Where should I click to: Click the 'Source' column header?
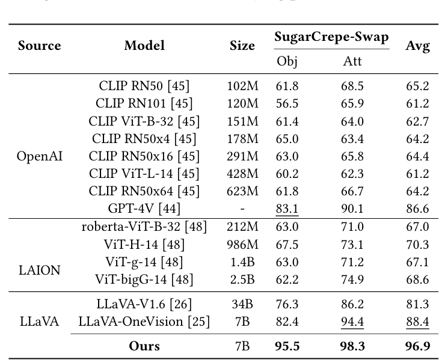[39, 46]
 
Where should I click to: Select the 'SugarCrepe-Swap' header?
[331, 37]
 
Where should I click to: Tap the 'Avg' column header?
[417, 46]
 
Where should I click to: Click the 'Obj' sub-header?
[287, 61]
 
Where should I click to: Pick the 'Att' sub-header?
[352, 61]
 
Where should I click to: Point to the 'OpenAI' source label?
[40, 157]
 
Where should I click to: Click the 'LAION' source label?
[40, 270]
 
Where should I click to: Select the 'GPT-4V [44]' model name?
[144, 209]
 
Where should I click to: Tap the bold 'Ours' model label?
[144, 346]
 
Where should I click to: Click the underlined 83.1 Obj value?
[287, 209]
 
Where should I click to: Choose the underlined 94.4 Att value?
[352, 322]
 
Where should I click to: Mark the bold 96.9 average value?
[417, 346]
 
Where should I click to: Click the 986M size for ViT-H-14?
[242, 245]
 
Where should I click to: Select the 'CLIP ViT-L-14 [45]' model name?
[144, 174]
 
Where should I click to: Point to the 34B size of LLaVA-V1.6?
[242, 305]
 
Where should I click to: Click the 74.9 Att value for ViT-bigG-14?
[352, 279]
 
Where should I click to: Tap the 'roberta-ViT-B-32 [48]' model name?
[144, 227]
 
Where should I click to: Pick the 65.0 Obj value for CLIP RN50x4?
[287, 139]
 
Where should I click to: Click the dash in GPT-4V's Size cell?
[242, 209]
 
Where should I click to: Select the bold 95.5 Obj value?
[287, 346]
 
